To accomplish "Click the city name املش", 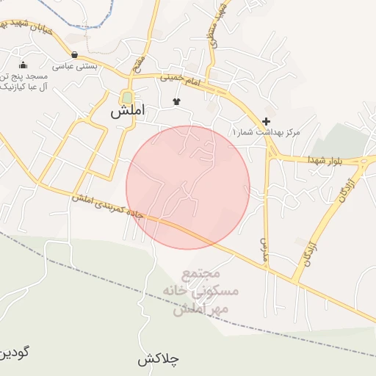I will [x=128, y=112].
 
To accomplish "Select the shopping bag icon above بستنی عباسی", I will [x=75, y=54].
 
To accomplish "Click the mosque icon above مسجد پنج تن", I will [x=23, y=65].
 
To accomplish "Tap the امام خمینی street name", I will [x=180, y=82].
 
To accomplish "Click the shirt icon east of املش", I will [x=176, y=101].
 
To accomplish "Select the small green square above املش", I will [x=127, y=97].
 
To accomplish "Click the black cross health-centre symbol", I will [x=266, y=121].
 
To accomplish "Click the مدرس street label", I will [x=263, y=250].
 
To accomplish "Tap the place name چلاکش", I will [x=158, y=360].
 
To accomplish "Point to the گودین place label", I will [x=14, y=352].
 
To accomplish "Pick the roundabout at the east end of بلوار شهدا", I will [x=365, y=161].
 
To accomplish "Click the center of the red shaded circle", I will [x=188, y=187].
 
